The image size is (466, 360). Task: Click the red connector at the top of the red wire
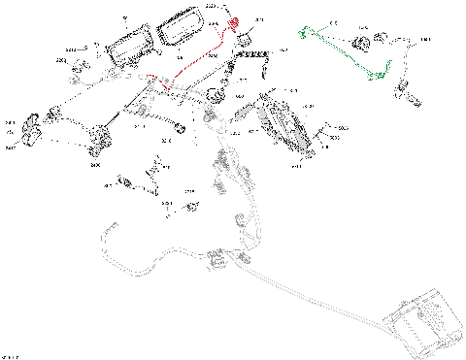[233, 23]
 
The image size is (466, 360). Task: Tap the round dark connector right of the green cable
[366, 43]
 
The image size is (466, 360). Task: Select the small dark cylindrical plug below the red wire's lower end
[178, 127]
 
